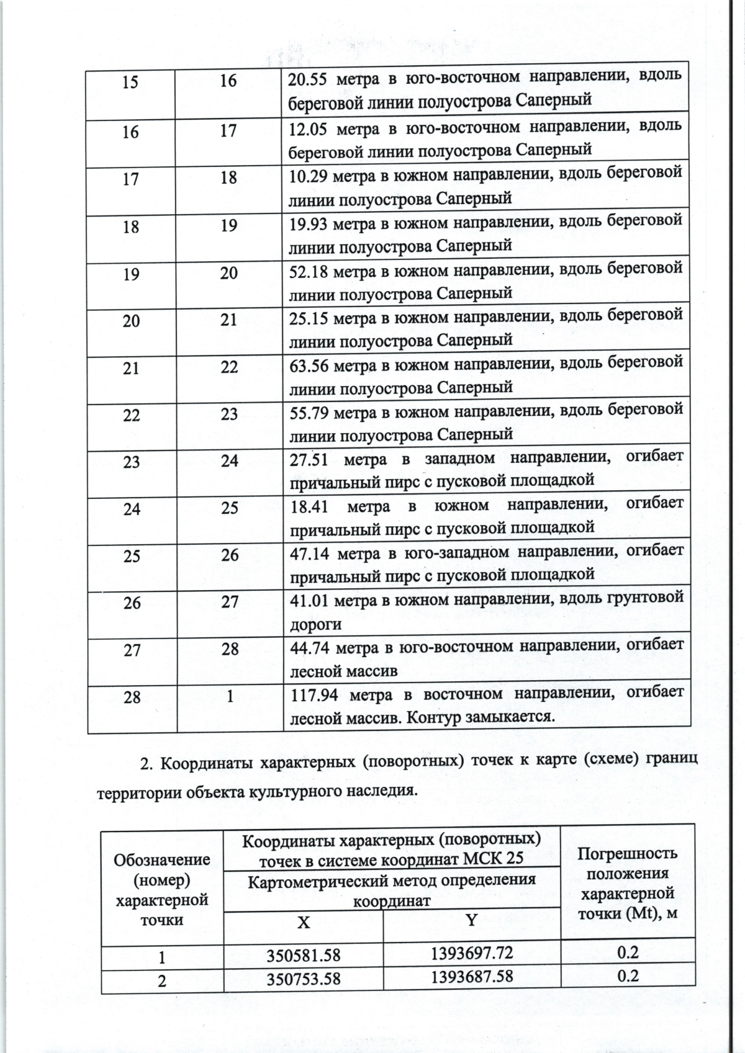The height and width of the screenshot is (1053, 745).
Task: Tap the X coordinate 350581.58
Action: (304, 972)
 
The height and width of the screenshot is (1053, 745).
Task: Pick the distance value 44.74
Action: (309, 648)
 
